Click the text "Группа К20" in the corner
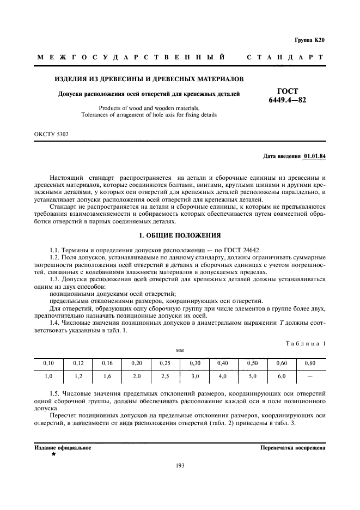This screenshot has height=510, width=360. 309,40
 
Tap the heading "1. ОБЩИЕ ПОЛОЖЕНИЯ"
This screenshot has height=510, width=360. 180,235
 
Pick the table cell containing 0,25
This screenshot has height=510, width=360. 165,362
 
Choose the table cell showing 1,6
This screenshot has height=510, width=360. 107,376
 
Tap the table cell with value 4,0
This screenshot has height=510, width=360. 222,376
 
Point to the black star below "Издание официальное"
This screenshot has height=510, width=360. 53,453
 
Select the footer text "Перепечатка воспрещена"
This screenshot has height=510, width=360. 293,447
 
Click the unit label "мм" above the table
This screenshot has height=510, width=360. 180,350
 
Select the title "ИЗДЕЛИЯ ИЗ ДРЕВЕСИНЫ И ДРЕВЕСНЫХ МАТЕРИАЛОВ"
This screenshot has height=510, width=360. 149,80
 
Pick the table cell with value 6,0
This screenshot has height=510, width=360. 281,376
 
